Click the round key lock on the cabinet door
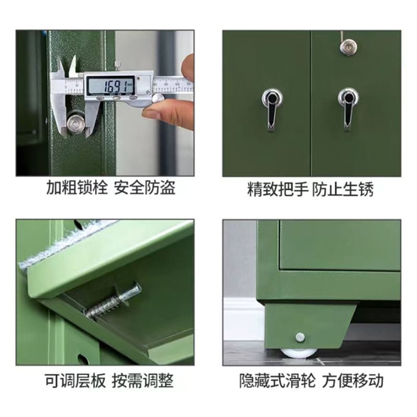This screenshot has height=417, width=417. [x=348, y=48]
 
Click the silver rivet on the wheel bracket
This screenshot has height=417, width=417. [x=300, y=337]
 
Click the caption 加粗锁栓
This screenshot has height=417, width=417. [x=77, y=188]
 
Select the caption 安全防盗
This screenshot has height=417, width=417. [x=145, y=188]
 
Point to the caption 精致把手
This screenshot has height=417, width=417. [x=278, y=189]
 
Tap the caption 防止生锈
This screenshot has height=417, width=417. [x=342, y=189]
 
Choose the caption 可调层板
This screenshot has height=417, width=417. [x=75, y=381]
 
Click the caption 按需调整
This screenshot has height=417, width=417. [x=142, y=381]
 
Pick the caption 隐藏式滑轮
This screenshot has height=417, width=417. [x=277, y=381]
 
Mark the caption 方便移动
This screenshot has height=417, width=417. [x=353, y=381]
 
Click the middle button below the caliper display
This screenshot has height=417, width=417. [x=116, y=98]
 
